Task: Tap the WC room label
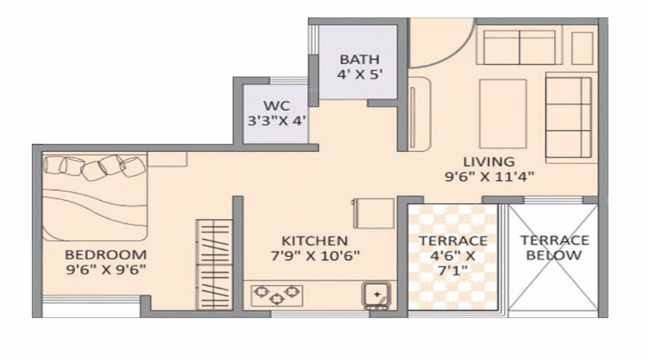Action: coord(277,106)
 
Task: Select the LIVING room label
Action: coord(488,161)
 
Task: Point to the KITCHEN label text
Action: coord(315,240)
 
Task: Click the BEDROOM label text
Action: coord(106,255)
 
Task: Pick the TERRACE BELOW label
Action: coord(554,248)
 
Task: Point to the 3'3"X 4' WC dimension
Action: coord(277,120)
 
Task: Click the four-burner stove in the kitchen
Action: coord(274,293)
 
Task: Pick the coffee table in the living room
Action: coord(503,114)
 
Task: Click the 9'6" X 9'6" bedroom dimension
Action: coord(106,269)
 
